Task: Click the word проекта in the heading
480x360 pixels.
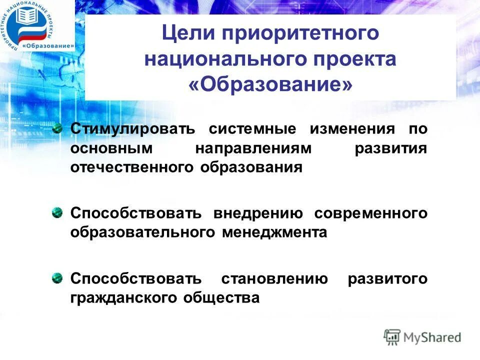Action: pos(353,59)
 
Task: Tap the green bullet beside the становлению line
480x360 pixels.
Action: pos(58,278)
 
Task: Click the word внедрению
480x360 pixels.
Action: pos(258,214)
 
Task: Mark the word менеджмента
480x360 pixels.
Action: pos(282,232)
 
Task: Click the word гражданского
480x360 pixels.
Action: pos(126,298)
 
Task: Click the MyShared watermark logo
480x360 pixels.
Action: pos(422,337)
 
